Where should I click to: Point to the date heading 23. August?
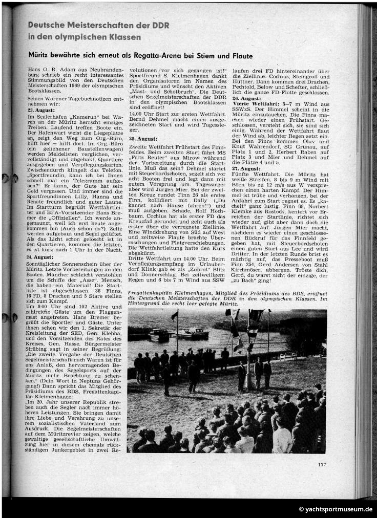[38, 96]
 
